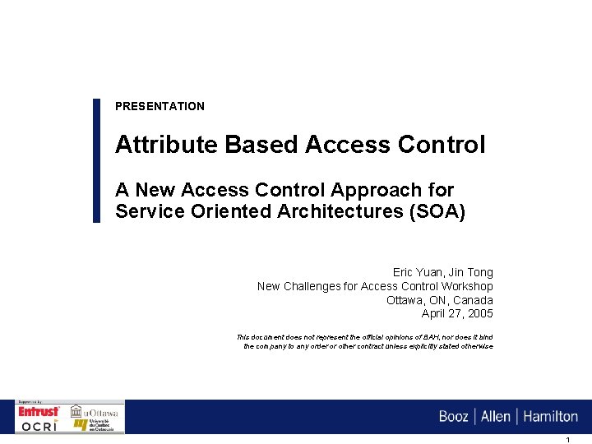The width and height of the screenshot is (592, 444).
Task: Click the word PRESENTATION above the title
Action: click(160, 106)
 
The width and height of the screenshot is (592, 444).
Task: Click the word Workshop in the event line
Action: click(466, 286)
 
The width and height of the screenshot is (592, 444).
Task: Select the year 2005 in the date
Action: click(480, 314)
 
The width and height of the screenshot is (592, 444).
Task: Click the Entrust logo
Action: click(39, 410)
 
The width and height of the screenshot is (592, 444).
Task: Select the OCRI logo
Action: click(39, 425)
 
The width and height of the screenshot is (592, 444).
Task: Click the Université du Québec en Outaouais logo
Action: click(95, 425)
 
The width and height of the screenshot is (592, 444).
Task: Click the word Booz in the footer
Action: click(453, 417)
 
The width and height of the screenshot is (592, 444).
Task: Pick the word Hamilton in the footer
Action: click(550, 417)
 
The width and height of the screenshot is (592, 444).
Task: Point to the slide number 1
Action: click(567, 440)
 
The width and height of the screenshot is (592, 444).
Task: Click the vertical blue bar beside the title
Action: click(96, 160)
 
